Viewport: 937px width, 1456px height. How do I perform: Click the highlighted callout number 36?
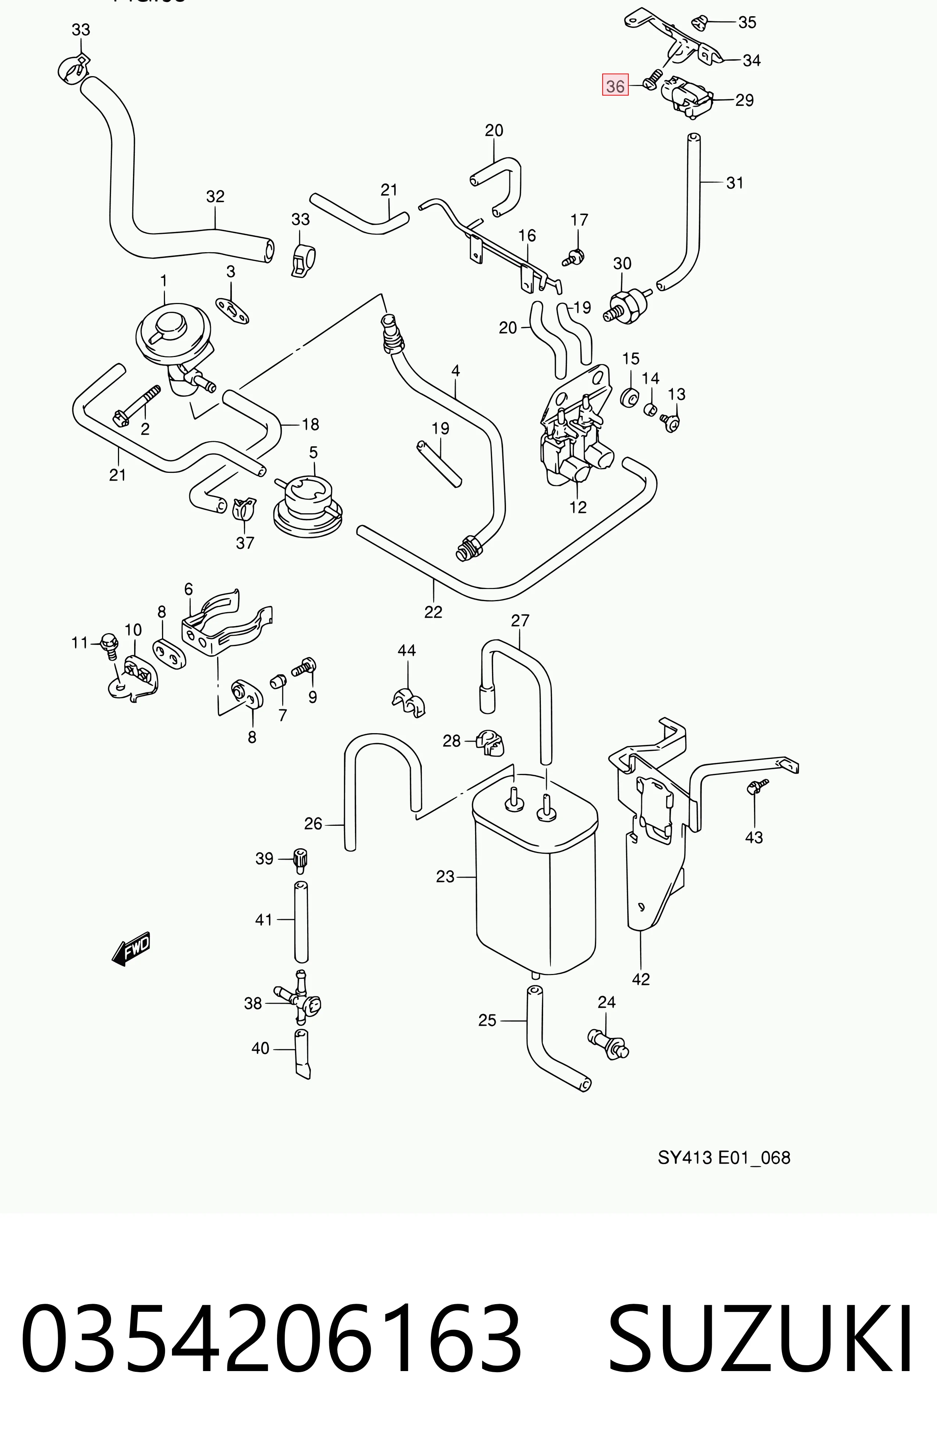tap(615, 86)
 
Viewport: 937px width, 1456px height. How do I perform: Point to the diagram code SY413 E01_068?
tap(724, 1157)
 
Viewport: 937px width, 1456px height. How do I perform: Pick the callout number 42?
tap(641, 979)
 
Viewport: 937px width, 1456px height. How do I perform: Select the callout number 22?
tap(433, 612)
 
